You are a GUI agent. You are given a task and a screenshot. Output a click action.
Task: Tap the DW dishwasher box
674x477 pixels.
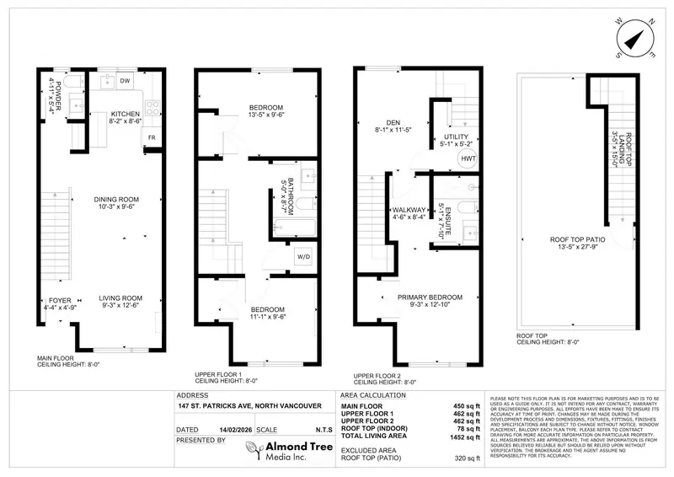124,81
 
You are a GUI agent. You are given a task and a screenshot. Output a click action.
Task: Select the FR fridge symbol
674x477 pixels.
151,137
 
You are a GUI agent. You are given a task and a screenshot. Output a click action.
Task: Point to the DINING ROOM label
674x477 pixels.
115,199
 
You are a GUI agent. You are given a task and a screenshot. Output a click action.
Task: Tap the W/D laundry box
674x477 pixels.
302,256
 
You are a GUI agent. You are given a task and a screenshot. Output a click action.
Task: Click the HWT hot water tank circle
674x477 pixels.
467,158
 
